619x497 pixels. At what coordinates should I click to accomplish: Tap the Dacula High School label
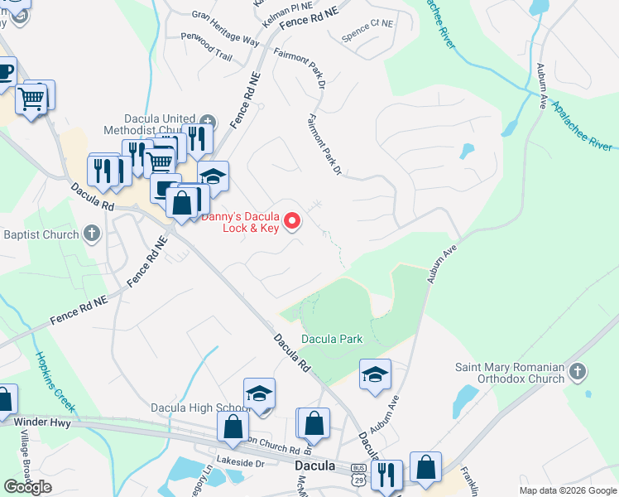200,408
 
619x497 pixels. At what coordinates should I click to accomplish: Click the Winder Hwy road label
42,422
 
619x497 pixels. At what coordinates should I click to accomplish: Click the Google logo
28,487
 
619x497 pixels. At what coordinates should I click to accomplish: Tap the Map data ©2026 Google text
568,490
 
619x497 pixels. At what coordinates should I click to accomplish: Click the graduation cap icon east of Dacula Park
375,374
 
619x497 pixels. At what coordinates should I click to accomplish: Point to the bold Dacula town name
315,466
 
